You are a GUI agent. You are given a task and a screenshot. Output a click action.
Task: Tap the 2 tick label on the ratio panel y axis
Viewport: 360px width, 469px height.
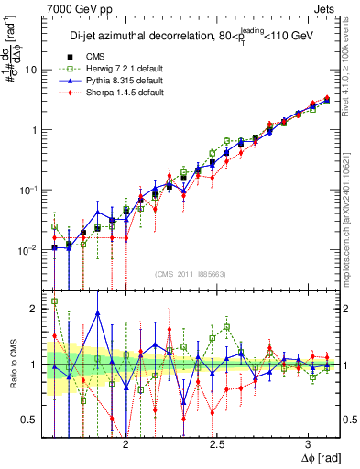[x=35, y=309]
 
